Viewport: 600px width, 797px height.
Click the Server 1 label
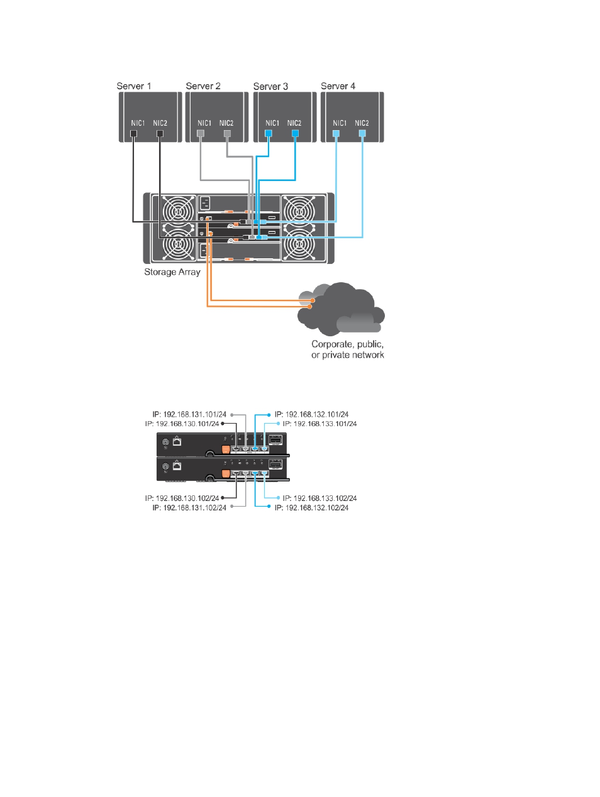(134, 86)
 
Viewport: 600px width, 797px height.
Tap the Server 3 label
(270, 86)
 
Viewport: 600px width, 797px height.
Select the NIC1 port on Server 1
(134, 133)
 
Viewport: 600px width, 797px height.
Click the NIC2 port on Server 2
(228, 133)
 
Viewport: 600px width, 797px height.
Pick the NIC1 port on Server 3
(269, 133)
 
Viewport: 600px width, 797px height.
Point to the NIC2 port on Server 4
(362, 133)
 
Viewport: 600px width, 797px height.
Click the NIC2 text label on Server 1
(160, 123)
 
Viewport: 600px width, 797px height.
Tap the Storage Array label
(172, 272)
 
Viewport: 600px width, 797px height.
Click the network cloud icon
(341, 309)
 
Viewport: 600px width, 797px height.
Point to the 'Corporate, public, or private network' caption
(348, 349)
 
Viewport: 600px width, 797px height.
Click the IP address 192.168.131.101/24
(189, 414)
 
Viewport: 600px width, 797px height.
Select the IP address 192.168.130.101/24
(182, 424)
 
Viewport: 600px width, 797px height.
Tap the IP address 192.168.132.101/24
(311, 414)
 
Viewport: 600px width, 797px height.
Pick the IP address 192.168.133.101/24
(319, 424)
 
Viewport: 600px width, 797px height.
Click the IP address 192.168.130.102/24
(182, 498)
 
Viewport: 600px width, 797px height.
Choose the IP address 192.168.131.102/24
(189, 508)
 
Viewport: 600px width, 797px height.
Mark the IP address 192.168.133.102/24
(319, 498)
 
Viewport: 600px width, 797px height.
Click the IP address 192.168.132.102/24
(311, 508)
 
